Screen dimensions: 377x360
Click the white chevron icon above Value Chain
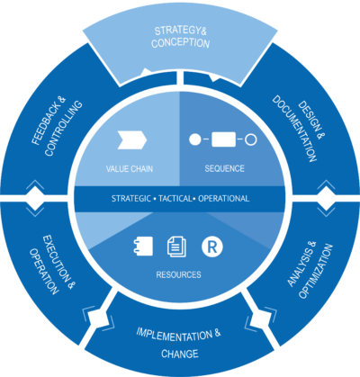click(x=132, y=139)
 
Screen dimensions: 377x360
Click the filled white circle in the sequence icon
click(x=193, y=139)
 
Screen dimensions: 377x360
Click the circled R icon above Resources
click(x=213, y=245)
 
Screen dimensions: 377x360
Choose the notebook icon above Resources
click(x=142, y=245)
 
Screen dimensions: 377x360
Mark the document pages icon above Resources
click(x=176, y=245)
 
